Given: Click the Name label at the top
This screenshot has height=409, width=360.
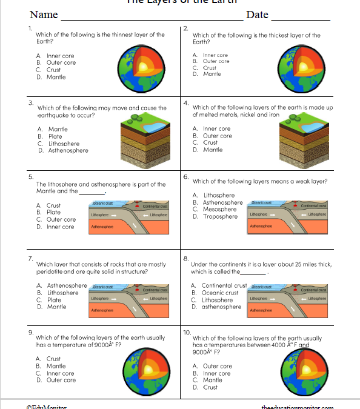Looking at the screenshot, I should tap(44, 15).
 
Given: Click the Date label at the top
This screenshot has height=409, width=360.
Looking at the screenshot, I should tap(257, 15).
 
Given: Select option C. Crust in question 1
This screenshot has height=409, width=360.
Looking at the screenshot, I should tap(48, 70).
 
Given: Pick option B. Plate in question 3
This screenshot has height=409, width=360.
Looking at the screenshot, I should tap(50, 136).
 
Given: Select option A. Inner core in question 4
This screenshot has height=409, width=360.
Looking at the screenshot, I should tap(212, 128).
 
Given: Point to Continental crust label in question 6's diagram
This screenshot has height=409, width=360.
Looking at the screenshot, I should tap(313, 206).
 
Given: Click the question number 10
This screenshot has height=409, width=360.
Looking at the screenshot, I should tap(187, 332).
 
